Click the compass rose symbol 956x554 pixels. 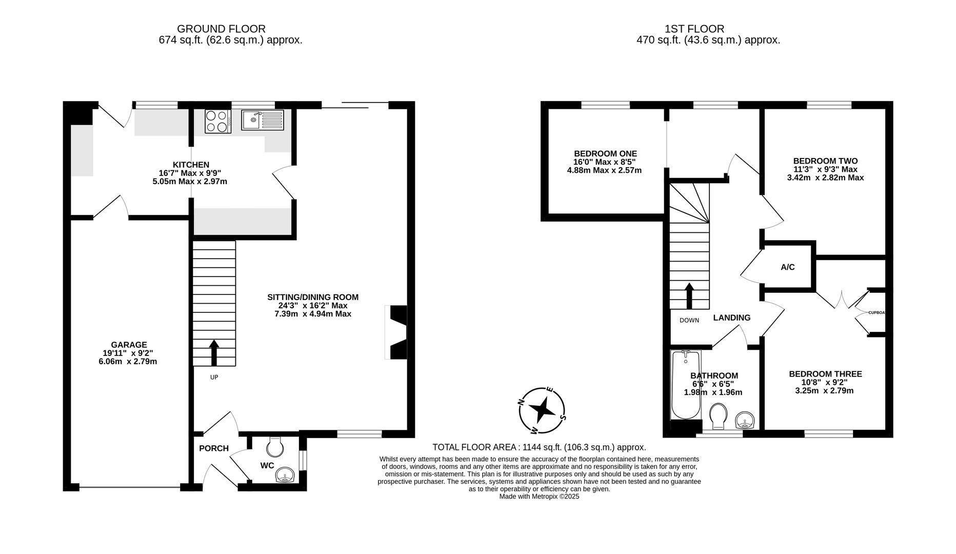(542, 409)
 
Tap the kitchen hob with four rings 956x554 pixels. (218, 122)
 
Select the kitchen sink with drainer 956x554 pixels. (262, 121)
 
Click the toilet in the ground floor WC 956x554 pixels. (275, 446)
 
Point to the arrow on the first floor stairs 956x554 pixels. (689, 296)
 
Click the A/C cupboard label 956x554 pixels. (788, 267)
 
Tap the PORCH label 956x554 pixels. (214, 448)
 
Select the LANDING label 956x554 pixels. (732, 318)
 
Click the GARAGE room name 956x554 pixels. (129, 345)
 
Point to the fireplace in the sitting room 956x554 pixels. (395, 333)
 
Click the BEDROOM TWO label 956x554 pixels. (825, 161)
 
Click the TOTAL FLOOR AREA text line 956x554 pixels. (539, 447)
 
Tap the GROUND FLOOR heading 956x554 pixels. (222, 29)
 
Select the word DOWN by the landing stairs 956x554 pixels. (689, 321)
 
